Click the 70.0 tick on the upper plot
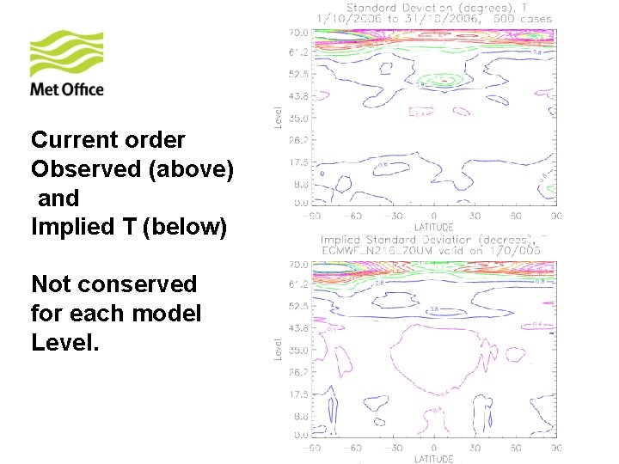pos(297,31)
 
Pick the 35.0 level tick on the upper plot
pos(297,117)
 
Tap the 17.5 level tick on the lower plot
pos(297,394)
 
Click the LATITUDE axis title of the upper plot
pos(433,226)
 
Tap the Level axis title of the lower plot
pos(279,349)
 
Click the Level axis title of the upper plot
pos(279,117)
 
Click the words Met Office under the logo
pos(67,89)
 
